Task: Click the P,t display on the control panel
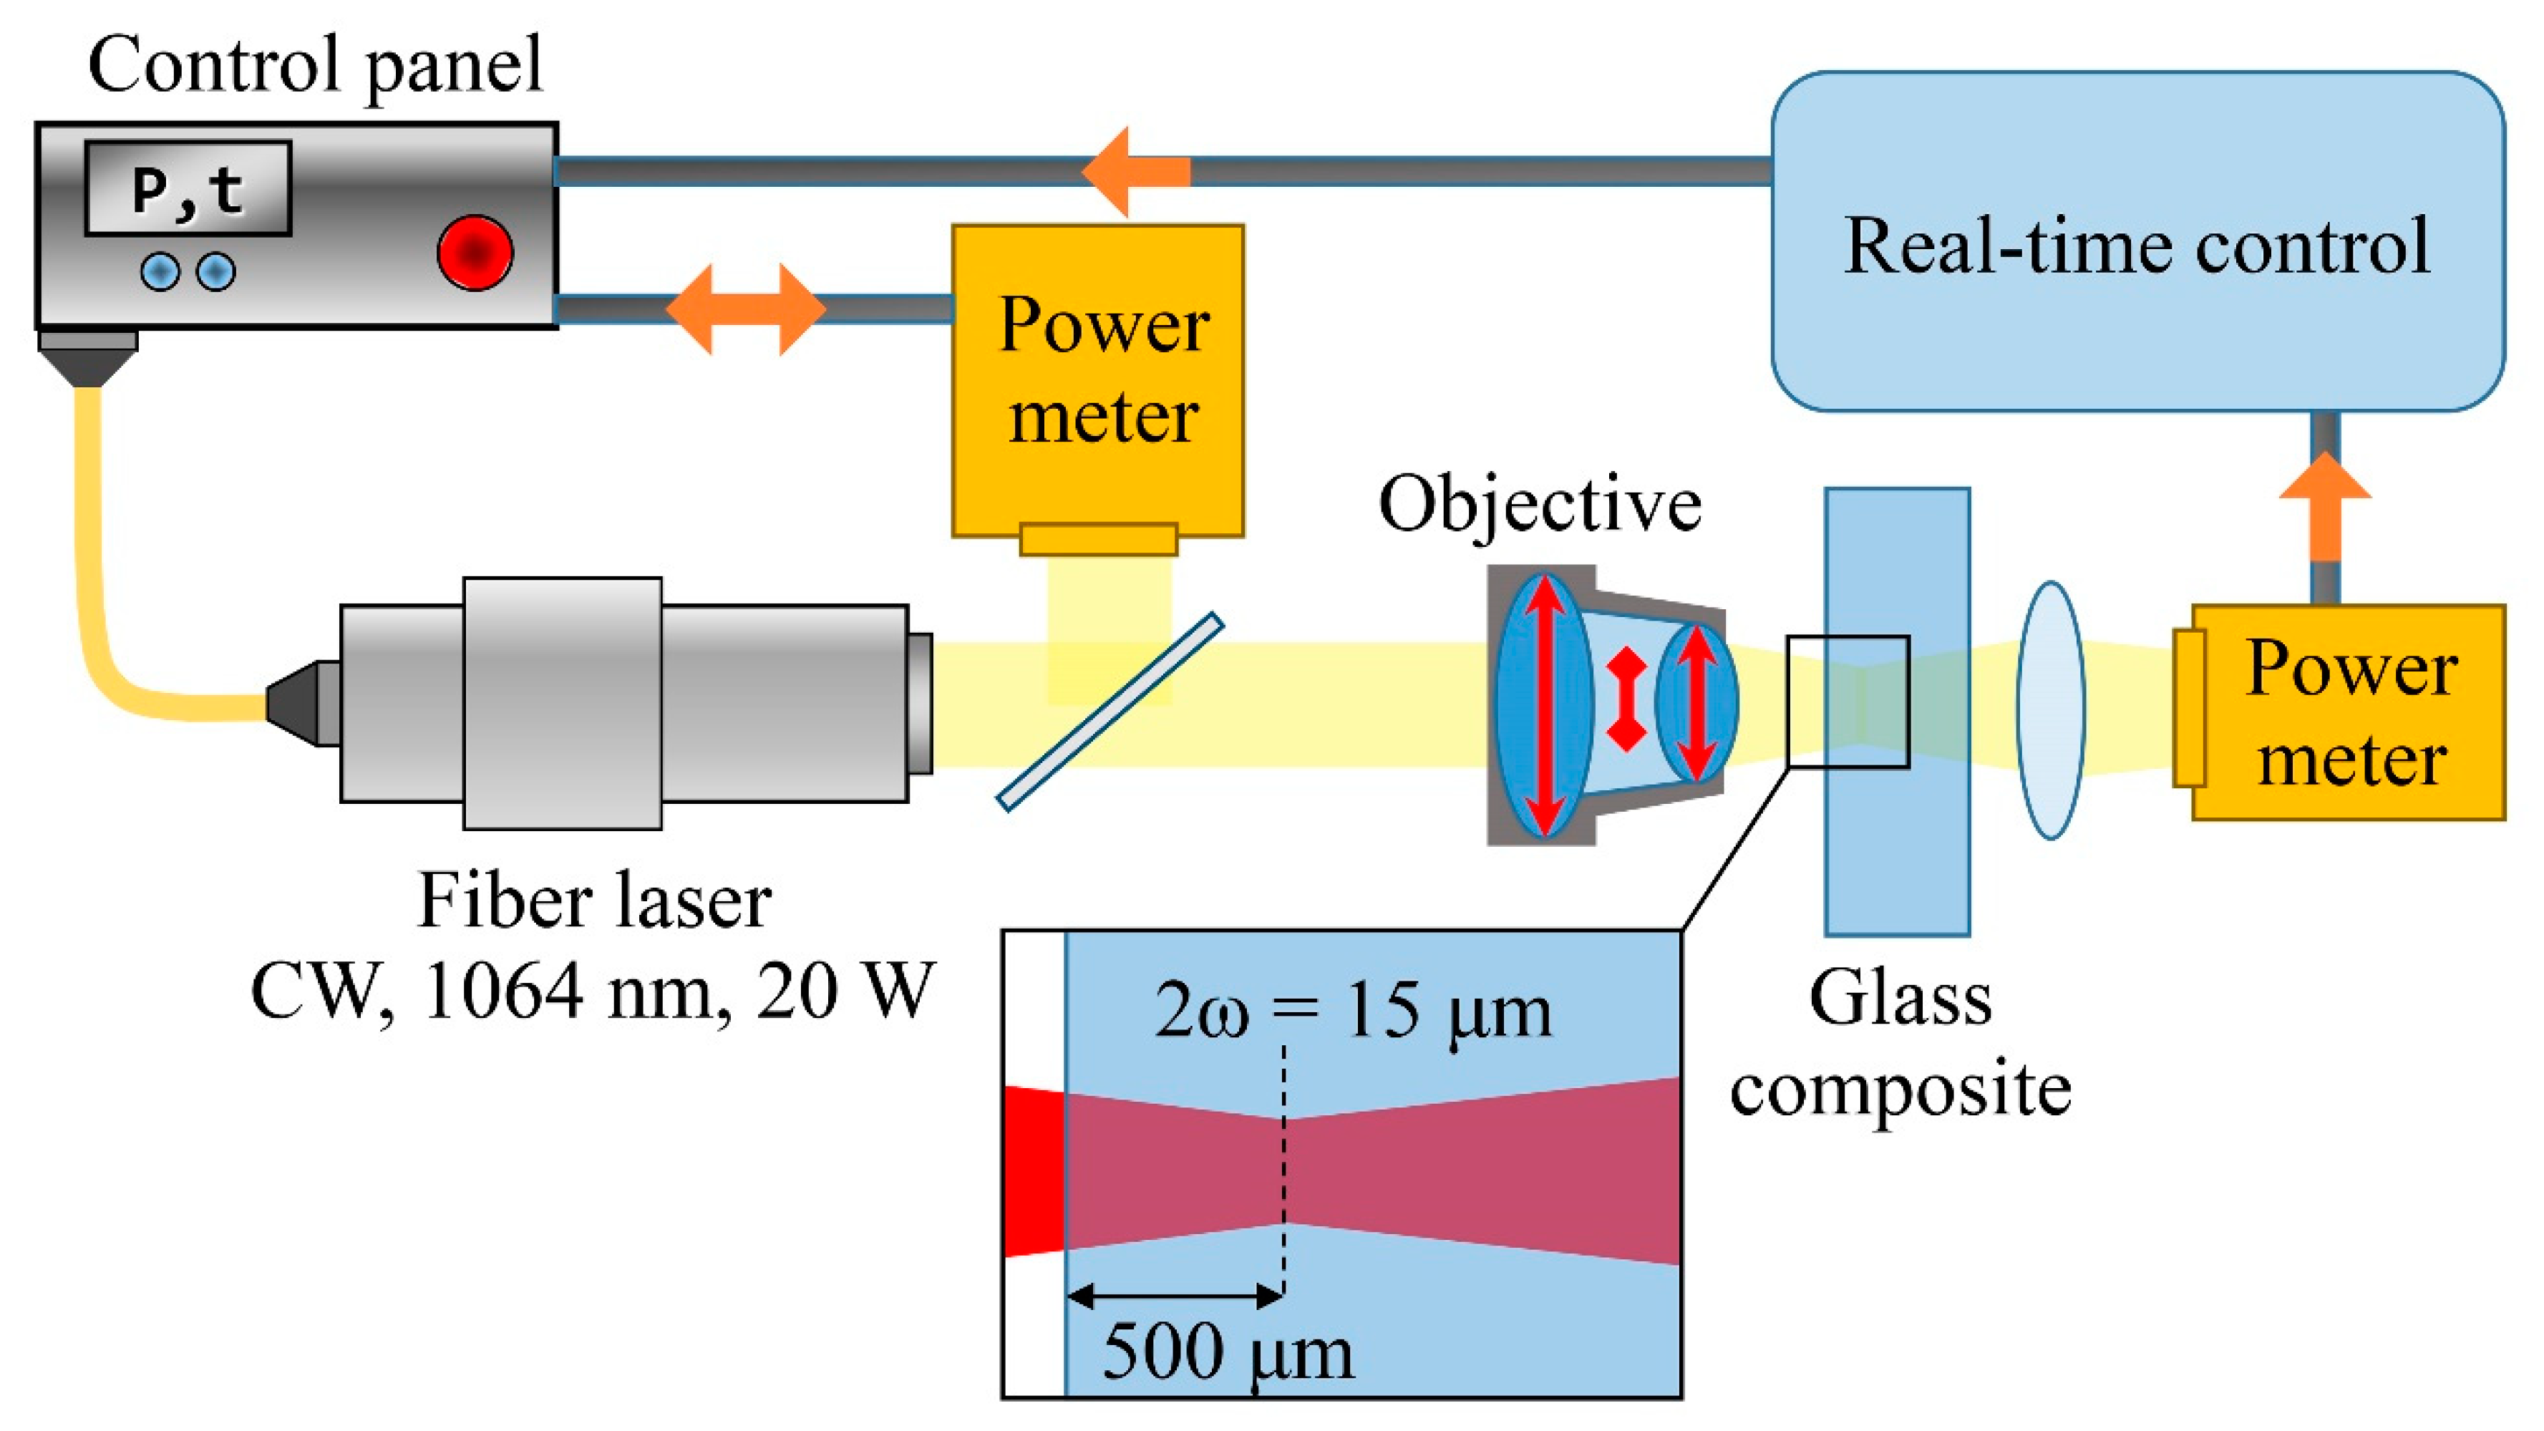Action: (x=188, y=188)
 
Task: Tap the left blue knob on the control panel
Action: (x=160, y=271)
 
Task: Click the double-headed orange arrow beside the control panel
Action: (x=746, y=309)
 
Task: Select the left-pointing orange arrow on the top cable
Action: (x=1136, y=172)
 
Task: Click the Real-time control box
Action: (x=2137, y=242)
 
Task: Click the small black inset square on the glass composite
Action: (x=1847, y=701)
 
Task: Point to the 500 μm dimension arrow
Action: (x=1175, y=1295)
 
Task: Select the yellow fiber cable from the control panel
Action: (x=99, y=593)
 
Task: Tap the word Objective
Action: (x=1540, y=504)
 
